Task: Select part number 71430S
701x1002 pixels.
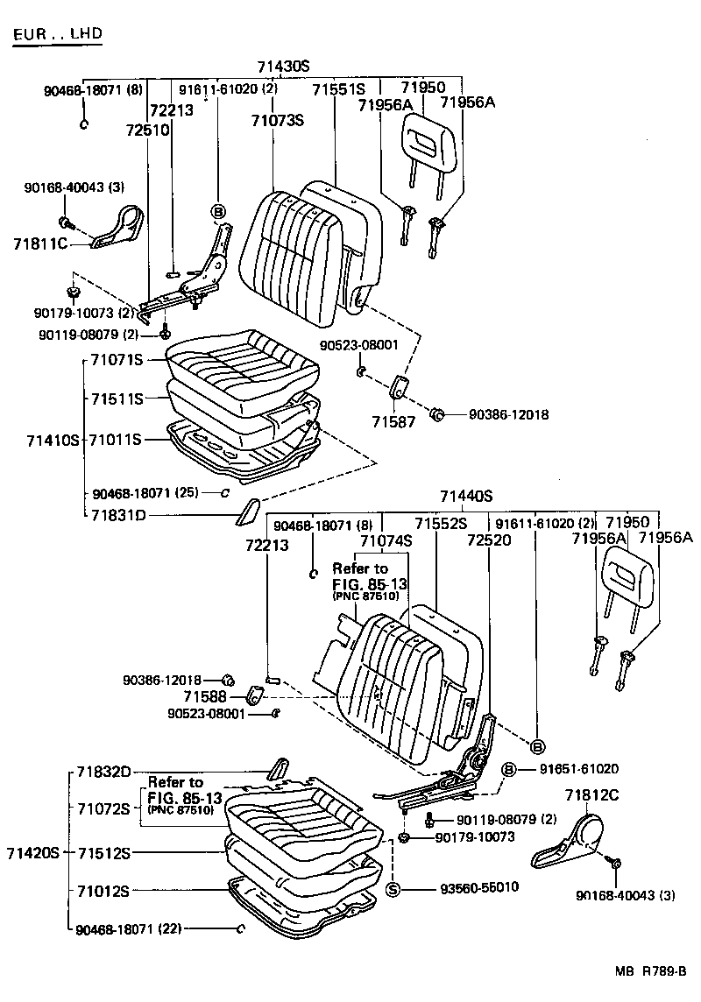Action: [284, 67]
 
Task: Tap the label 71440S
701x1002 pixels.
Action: [466, 495]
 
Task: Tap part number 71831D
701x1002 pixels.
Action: [117, 515]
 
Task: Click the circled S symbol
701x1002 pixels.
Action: [393, 889]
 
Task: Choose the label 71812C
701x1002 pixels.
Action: [591, 795]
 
